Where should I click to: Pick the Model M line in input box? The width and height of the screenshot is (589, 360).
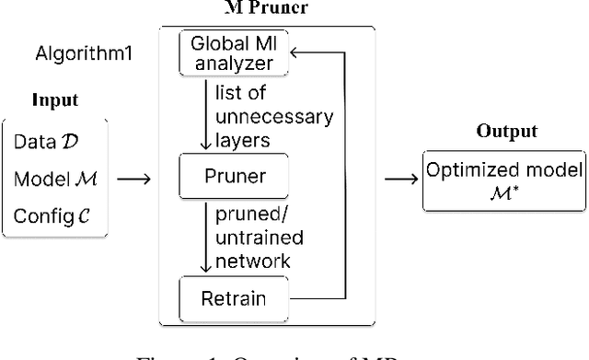52,179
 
